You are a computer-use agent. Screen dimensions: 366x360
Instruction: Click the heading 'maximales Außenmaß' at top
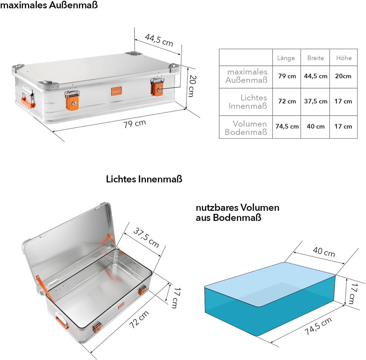point(49,5)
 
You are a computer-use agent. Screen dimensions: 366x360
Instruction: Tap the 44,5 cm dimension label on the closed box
point(159,40)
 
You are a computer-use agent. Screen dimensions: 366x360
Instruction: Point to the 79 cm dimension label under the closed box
point(135,123)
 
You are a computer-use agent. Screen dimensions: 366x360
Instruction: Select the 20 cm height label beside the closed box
point(192,86)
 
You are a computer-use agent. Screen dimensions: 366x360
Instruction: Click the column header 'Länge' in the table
point(286,58)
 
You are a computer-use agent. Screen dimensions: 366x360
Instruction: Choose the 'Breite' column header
point(316,58)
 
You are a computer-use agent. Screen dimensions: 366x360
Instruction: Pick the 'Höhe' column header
point(344,58)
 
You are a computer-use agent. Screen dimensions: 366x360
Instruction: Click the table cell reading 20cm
point(343,76)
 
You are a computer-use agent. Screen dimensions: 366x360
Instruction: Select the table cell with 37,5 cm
point(316,101)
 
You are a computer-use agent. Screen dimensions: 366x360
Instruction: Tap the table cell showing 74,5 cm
point(287,126)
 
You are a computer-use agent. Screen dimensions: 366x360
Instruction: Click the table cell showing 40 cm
point(316,126)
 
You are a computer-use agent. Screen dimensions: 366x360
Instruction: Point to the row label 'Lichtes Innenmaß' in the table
point(248,102)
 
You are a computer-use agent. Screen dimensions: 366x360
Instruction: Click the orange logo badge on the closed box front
point(117,91)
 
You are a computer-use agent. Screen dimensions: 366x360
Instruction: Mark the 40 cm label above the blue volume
point(324,252)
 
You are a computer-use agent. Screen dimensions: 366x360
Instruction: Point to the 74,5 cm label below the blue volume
point(318,326)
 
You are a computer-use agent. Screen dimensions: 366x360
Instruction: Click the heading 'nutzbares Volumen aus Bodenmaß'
point(237,213)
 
